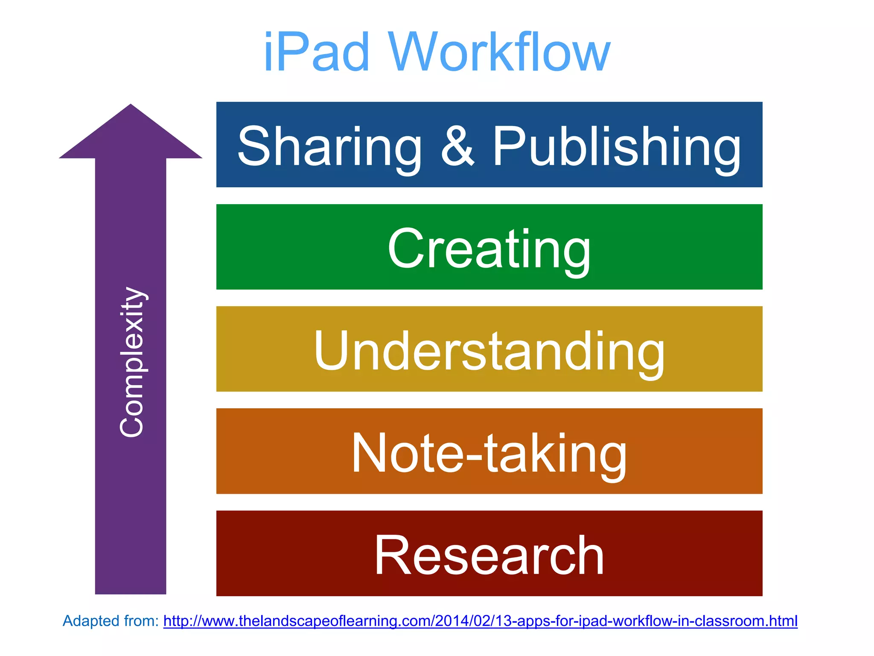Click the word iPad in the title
[316, 52]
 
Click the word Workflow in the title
[499, 52]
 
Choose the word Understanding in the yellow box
[489, 351]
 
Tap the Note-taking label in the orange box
[489, 453]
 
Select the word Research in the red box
[489, 555]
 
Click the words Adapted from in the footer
[111, 621]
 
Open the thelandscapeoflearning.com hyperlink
[480, 621]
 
